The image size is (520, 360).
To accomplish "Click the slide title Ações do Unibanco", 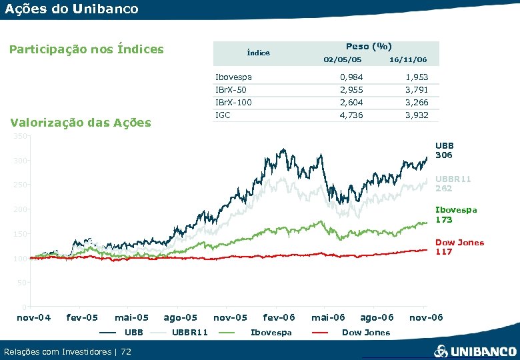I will pyautogui.click(x=71, y=9).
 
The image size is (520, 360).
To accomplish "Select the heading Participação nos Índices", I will pyautogui.click(x=85, y=49).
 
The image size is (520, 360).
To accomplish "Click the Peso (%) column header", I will pyautogui.click(x=369, y=47).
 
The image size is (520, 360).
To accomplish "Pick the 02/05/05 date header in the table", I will pyautogui.click(x=342, y=60).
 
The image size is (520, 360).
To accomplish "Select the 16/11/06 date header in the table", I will pyautogui.click(x=408, y=60).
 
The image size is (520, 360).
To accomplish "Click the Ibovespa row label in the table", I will pyautogui.click(x=233, y=77).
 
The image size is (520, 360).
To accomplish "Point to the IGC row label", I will pyautogui.click(x=223, y=115).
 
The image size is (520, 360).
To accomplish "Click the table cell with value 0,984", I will pyautogui.click(x=351, y=77).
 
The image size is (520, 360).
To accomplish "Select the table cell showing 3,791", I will pyautogui.click(x=417, y=90).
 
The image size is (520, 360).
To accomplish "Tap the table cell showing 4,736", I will pyautogui.click(x=351, y=115).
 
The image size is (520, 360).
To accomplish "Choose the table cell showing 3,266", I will pyautogui.click(x=417, y=103).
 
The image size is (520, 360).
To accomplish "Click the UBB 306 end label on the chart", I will pyautogui.click(x=444, y=150).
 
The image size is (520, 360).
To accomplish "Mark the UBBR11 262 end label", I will pyautogui.click(x=453, y=183).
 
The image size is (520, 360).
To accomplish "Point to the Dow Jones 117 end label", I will pyautogui.click(x=459, y=247).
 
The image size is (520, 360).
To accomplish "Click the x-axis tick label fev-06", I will pyautogui.click(x=279, y=317).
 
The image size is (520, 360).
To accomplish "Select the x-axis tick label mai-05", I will pyautogui.click(x=131, y=317).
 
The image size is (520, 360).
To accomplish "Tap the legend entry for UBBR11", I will pyautogui.click(x=190, y=332).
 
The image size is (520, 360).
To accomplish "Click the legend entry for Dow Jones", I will pyautogui.click(x=365, y=332).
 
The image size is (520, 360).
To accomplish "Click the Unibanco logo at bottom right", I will pyautogui.click(x=475, y=351).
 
